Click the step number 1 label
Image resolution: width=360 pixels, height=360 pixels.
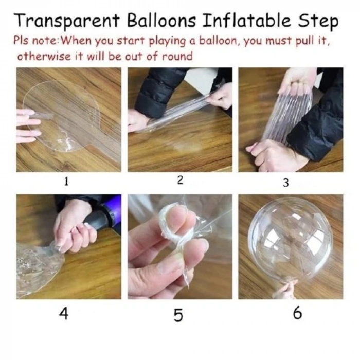[66, 182]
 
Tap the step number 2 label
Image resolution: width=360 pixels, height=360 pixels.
[180, 180]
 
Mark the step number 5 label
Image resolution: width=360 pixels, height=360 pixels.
[178, 315]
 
